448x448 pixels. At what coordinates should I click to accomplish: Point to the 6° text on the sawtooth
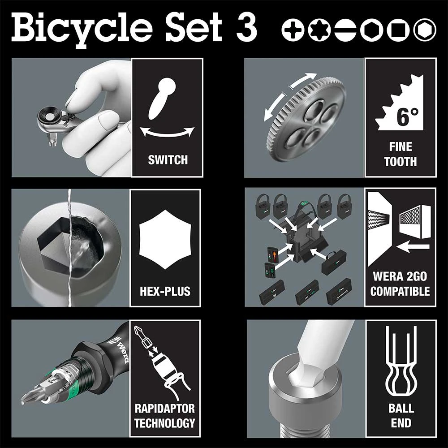(x=407, y=117)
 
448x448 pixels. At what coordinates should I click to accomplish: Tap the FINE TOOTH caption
(x=400, y=154)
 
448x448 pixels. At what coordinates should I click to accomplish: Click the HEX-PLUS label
(x=165, y=291)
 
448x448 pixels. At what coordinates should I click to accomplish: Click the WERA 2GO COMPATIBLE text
(x=400, y=283)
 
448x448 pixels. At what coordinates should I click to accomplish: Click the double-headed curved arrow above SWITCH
(x=167, y=132)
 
